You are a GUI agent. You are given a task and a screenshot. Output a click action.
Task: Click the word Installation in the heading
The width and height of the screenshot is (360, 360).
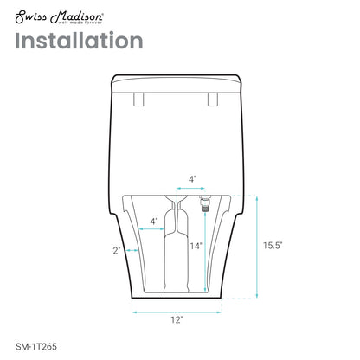(x=78, y=41)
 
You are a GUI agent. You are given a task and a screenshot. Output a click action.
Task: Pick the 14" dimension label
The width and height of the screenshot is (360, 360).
(x=196, y=246)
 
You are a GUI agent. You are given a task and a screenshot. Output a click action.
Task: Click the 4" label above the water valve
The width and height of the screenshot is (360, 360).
(x=192, y=180)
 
